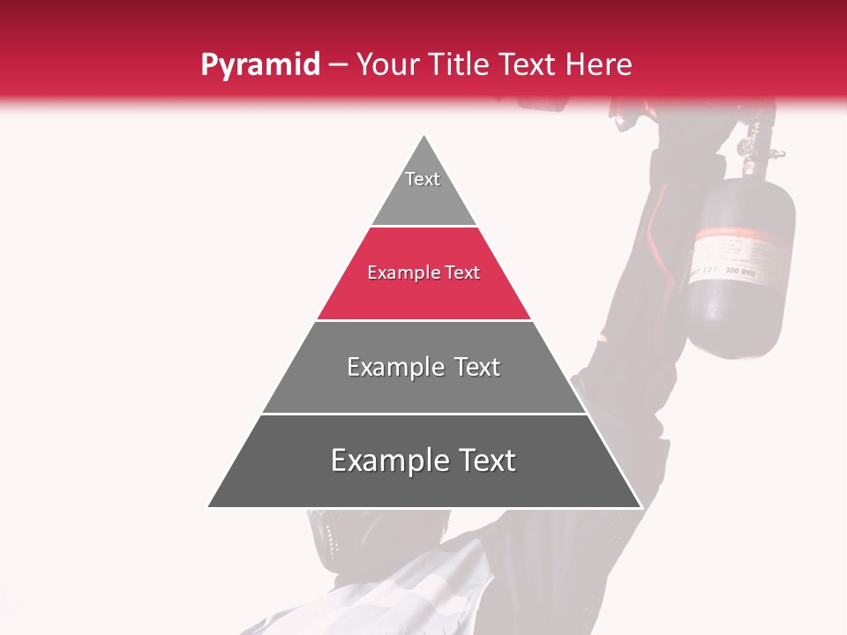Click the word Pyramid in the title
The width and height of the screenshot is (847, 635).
(x=259, y=64)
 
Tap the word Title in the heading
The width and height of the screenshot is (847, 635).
(x=467, y=64)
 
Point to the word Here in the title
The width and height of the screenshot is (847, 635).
(x=599, y=64)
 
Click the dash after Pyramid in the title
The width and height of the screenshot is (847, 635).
(x=337, y=65)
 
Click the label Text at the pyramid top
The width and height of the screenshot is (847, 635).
(x=423, y=179)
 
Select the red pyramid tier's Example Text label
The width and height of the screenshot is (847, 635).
(x=423, y=273)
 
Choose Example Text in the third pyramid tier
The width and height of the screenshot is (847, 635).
(x=423, y=367)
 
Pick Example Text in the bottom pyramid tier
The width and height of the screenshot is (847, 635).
(x=423, y=460)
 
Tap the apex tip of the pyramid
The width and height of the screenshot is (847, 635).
(x=424, y=136)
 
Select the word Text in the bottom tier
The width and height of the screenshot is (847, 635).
(x=485, y=460)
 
